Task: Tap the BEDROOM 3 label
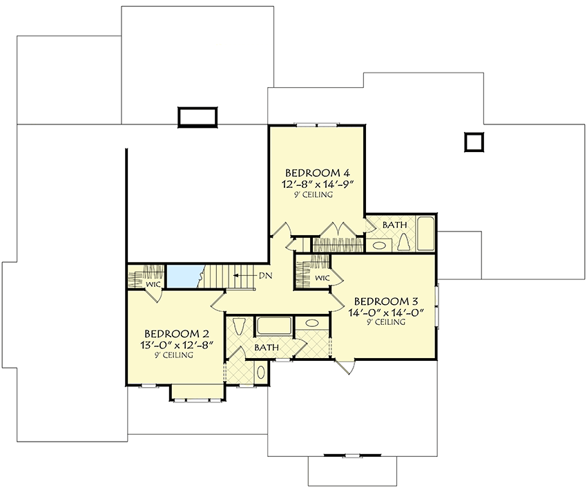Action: [x=386, y=301]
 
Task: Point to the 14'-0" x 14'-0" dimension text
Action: [x=386, y=312]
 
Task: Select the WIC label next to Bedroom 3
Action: [x=322, y=278]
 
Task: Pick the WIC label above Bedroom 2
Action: [x=152, y=284]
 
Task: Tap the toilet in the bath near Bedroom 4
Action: [x=404, y=241]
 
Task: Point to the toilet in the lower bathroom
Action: [x=239, y=326]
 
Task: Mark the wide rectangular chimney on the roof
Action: [x=198, y=117]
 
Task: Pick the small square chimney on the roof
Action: [x=474, y=142]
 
